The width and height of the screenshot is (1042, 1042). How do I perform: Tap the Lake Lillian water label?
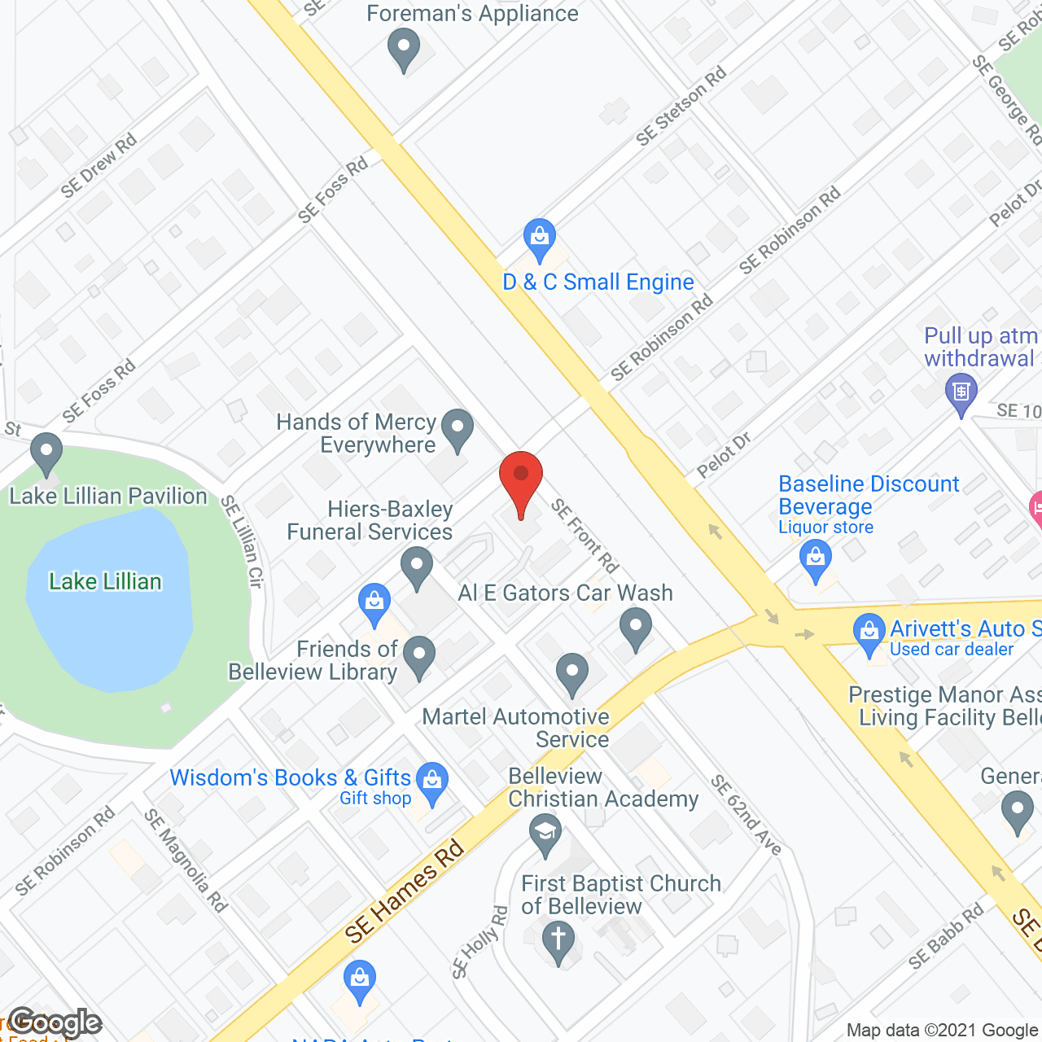105,581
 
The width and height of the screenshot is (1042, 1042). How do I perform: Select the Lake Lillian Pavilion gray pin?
46,453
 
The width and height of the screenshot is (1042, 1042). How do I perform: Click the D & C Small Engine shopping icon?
539,239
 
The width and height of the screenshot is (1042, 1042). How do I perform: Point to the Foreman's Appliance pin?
403,48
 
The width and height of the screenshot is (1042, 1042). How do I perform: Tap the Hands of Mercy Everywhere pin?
458,428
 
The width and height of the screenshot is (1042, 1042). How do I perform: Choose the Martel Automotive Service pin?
572,674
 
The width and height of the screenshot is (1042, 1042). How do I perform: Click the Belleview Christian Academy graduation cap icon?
545,834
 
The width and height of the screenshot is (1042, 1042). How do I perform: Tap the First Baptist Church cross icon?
558,941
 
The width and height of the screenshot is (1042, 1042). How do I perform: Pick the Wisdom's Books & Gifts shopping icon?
432,781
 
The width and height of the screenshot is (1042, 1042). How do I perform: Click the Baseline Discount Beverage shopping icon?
815,561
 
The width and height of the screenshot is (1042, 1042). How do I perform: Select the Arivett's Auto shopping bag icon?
869,633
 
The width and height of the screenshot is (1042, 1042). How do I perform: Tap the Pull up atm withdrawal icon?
961,393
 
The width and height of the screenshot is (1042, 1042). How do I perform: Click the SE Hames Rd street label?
404,892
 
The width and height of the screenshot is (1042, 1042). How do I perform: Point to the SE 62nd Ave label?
746,815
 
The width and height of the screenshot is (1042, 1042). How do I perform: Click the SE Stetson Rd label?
681,107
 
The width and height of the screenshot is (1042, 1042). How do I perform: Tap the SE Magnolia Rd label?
186,860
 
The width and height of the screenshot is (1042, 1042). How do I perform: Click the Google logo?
55,1022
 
